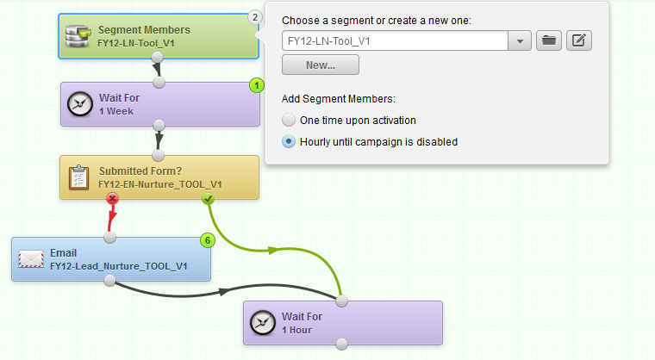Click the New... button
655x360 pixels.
click(x=321, y=65)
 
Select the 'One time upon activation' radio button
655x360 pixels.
click(x=289, y=121)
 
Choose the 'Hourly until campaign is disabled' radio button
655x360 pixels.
click(x=289, y=141)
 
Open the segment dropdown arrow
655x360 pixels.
click(x=520, y=41)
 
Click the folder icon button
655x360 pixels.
click(x=549, y=40)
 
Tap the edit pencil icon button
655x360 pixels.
click(x=579, y=40)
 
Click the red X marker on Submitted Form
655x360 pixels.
click(x=112, y=198)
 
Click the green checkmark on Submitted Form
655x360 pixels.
click(x=208, y=199)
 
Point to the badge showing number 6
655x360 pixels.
click(x=208, y=240)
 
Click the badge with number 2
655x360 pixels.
click(x=255, y=17)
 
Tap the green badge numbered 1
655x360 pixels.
click(x=257, y=85)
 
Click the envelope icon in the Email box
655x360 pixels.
click(x=31, y=259)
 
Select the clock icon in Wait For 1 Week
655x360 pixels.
click(x=80, y=104)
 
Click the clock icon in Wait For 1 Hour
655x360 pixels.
click(x=262, y=322)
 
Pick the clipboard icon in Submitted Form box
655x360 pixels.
click(x=79, y=177)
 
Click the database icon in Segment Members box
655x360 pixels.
click(x=78, y=36)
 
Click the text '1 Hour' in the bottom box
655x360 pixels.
click(x=297, y=330)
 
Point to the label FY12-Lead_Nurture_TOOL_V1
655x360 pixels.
click(x=119, y=266)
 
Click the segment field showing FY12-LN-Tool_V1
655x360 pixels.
click(x=396, y=41)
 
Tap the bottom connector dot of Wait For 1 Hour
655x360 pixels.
click(x=341, y=344)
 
